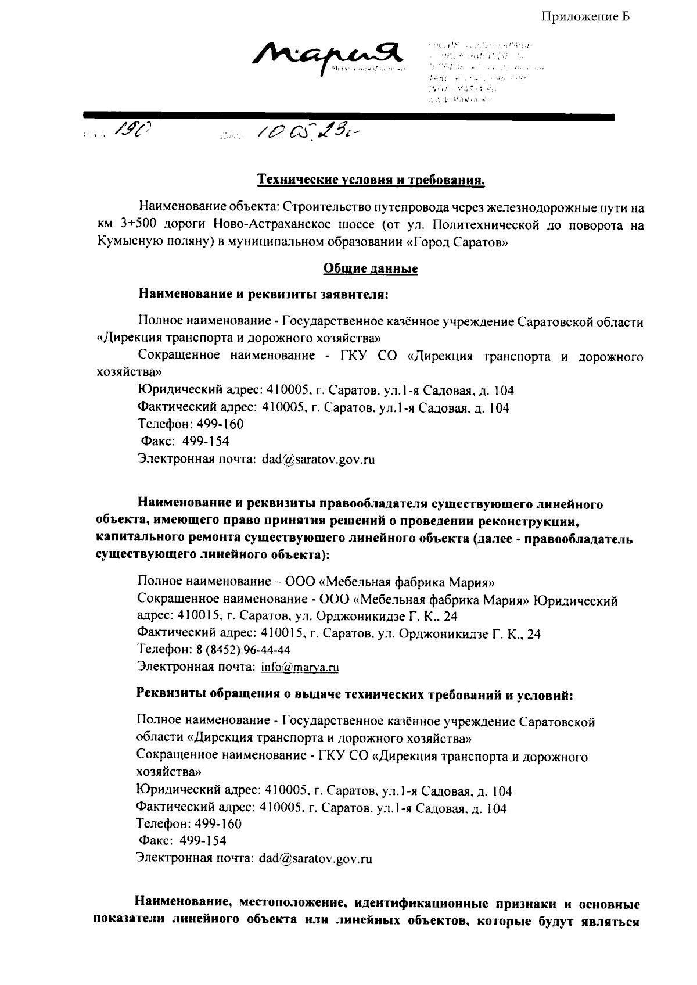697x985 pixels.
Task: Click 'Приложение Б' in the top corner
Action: pyautogui.click(x=586, y=16)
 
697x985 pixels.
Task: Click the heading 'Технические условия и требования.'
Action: pyautogui.click(x=371, y=181)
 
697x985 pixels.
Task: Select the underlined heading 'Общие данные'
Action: pyautogui.click(x=371, y=269)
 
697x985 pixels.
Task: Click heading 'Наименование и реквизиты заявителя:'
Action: pyautogui.click(x=263, y=294)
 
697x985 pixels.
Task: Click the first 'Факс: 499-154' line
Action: pyautogui.click(x=185, y=442)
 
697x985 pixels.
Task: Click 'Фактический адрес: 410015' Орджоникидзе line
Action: pyautogui.click(x=339, y=633)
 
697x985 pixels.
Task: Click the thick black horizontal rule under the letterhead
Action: pyautogui.click(x=348, y=117)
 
